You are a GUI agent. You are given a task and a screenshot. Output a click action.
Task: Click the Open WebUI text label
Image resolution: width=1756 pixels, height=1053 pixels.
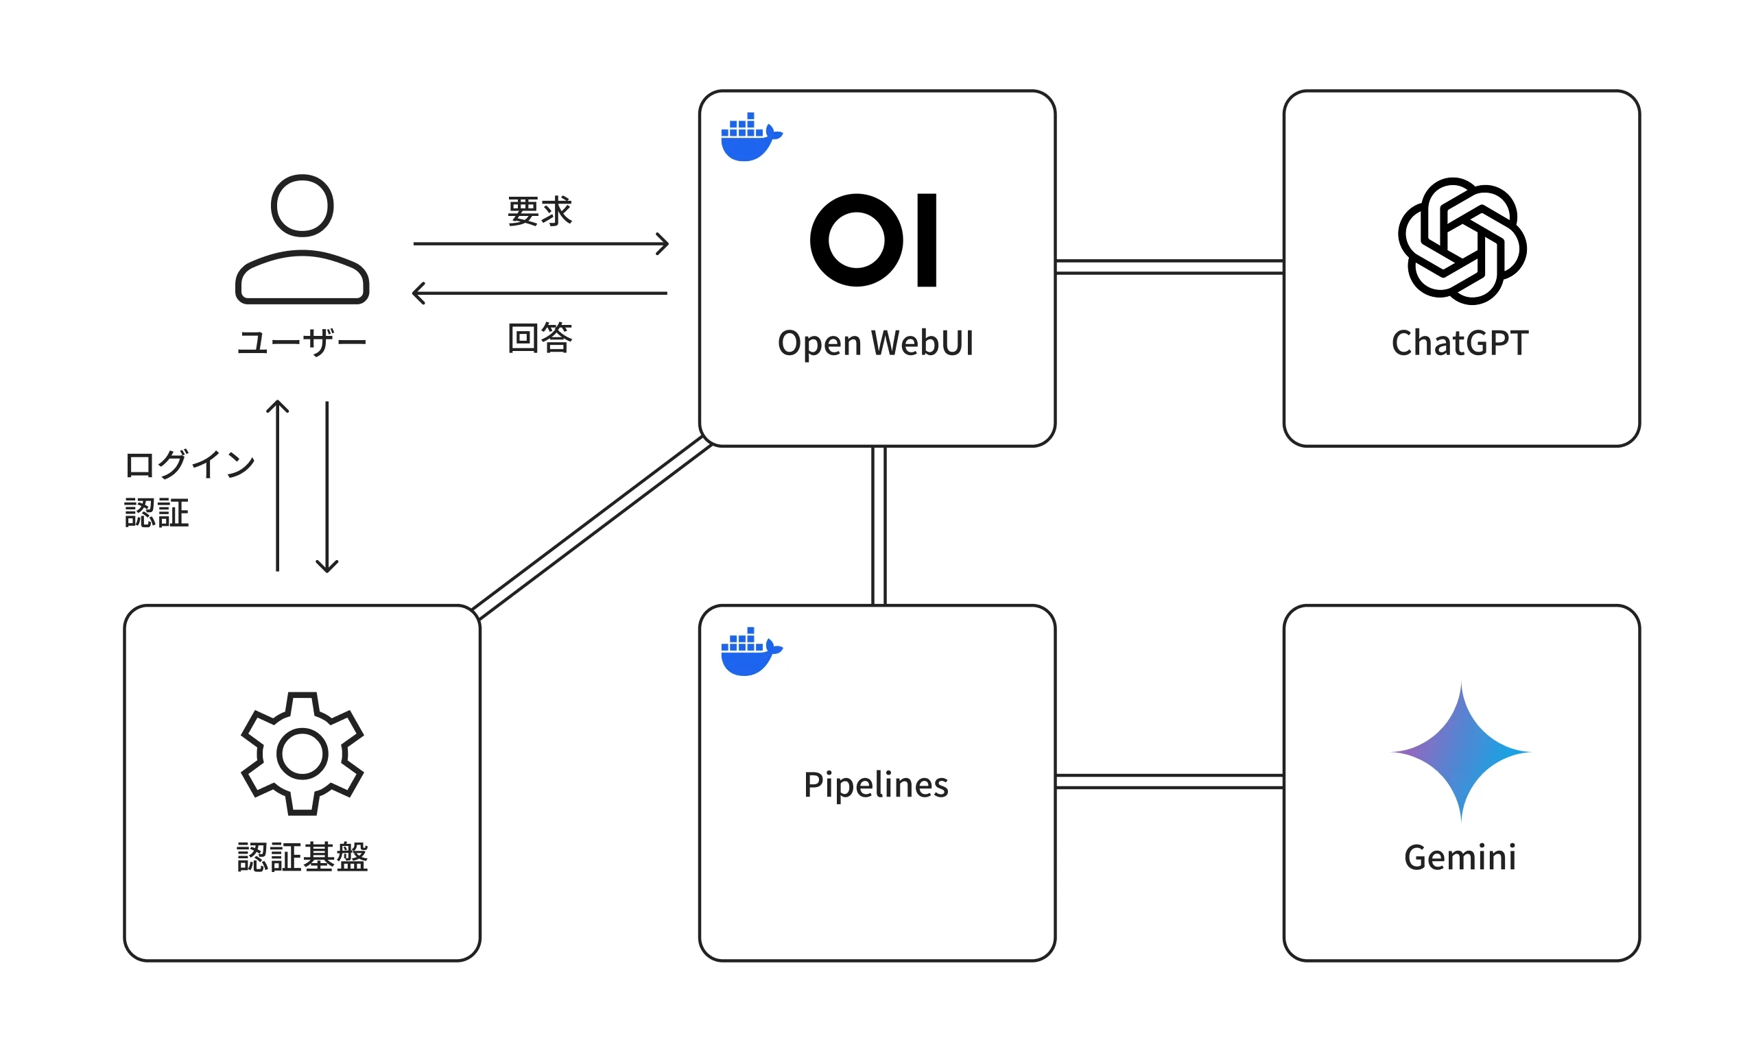coord(875,343)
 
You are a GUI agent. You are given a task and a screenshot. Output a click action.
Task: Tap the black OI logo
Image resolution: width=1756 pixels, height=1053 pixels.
coord(873,240)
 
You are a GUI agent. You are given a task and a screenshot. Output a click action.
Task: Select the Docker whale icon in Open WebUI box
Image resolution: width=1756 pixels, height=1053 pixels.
coord(750,137)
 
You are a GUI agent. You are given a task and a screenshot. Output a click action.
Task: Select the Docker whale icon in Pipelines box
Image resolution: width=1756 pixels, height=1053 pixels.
coord(750,651)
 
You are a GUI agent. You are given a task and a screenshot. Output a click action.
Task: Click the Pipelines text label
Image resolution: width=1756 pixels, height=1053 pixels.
coord(875,785)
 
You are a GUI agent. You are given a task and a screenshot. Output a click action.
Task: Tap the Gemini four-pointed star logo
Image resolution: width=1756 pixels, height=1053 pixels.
coord(1460,751)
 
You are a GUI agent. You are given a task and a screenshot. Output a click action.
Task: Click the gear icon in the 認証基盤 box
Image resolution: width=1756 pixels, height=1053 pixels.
coord(302,753)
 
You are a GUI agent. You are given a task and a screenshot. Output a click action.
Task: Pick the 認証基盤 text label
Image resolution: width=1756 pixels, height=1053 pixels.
coord(302,857)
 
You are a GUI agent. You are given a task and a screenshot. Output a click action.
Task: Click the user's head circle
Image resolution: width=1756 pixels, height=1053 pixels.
coord(302,205)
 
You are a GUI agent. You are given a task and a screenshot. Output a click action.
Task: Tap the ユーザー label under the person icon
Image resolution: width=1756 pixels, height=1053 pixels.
coord(302,343)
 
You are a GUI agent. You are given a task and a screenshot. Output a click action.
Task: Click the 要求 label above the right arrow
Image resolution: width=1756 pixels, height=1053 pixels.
coord(539,211)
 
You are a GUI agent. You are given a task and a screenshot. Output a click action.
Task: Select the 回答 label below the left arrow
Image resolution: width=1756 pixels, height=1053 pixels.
coord(539,338)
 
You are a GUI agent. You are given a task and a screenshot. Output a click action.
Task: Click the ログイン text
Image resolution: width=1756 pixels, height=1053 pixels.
coord(189,465)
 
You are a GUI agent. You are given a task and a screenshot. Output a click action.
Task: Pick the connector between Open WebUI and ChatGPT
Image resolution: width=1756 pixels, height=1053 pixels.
coord(1169,267)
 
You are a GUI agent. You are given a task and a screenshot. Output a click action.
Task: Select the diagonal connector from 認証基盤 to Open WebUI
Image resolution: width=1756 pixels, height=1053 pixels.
coord(591,528)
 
